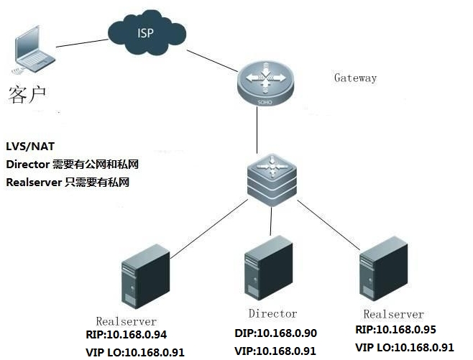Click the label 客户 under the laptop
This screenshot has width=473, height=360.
(x=28, y=94)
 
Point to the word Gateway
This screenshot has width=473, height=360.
(x=355, y=78)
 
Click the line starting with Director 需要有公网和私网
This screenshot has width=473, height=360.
(x=72, y=164)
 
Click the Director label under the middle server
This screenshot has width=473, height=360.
(x=272, y=314)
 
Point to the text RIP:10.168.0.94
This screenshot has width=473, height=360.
(x=127, y=336)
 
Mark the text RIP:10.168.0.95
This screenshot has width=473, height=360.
(x=398, y=330)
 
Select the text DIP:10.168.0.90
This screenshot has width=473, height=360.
(x=275, y=333)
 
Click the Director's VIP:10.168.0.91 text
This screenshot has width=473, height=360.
(x=275, y=351)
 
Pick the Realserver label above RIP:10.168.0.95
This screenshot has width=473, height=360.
(x=393, y=315)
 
